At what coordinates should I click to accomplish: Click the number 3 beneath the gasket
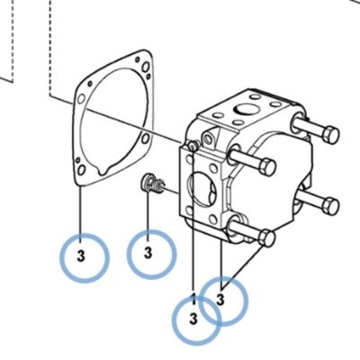pos(81,256)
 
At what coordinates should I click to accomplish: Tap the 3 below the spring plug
pos(148,253)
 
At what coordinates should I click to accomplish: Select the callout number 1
pos(193,299)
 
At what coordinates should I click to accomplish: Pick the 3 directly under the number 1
pos(193,319)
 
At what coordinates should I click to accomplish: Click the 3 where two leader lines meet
pos(220,300)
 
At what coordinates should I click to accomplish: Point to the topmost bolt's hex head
pos(331,134)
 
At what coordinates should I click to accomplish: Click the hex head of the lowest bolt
pos(267,238)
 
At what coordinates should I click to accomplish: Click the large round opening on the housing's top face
pos(247,110)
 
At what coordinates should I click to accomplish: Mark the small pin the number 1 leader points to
pos(192,146)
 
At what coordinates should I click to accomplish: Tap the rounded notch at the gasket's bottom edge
pos(103,172)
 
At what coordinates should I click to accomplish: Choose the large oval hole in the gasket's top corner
pos(146,67)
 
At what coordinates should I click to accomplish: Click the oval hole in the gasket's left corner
pos(81,99)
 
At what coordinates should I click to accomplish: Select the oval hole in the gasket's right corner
pos(146,139)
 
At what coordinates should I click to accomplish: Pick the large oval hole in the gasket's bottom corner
pos(81,170)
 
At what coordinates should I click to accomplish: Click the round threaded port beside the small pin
pos(207,138)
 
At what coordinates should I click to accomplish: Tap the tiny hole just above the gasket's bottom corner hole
pos(77,160)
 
